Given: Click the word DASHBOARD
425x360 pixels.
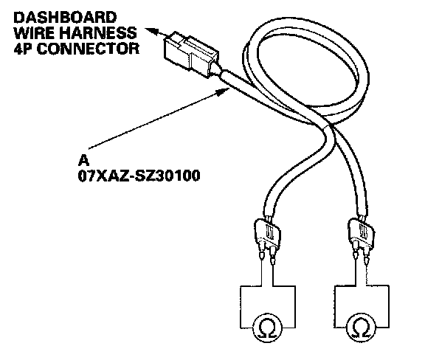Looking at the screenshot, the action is click(65, 18).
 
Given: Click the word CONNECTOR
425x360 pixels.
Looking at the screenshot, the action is click(88, 49).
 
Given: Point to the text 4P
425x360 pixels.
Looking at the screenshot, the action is click(23, 49).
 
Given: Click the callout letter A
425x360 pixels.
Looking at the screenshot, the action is click(83, 160).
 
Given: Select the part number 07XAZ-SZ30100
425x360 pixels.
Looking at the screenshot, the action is click(139, 176).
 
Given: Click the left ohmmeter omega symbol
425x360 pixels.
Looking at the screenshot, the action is click(268, 329).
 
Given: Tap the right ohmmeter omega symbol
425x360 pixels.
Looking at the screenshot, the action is click(362, 329).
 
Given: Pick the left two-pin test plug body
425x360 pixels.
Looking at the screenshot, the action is click(267, 233).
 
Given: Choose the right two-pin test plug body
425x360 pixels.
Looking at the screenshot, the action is click(362, 232).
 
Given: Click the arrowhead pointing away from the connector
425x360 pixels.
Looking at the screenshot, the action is click(151, 31).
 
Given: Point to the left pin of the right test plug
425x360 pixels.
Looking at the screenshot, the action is click(356, 252).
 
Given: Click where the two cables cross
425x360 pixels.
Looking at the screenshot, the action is click(329, 126).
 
